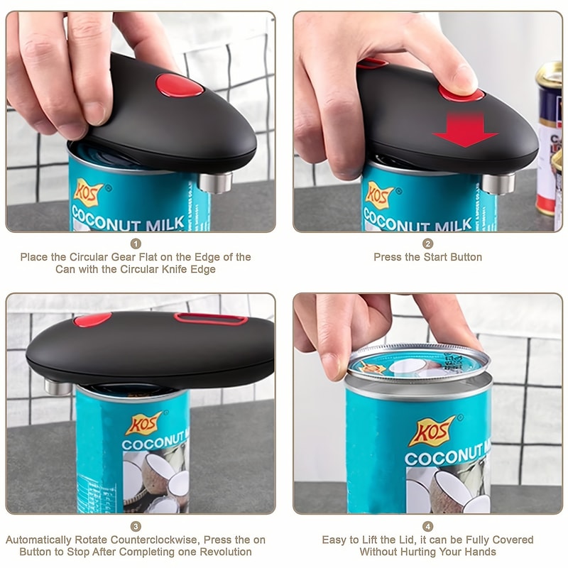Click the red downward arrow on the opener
click(x=466, y=130)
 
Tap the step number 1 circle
click(x=136, y=244)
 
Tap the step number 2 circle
click(x=428, y=244)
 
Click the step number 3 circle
click(x=136, y=526)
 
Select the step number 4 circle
click(x=428, y=526)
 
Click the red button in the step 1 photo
click(x=180, y=85)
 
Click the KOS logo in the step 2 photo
click(x=380, y=194)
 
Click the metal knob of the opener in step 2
click(x=498, y=183)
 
